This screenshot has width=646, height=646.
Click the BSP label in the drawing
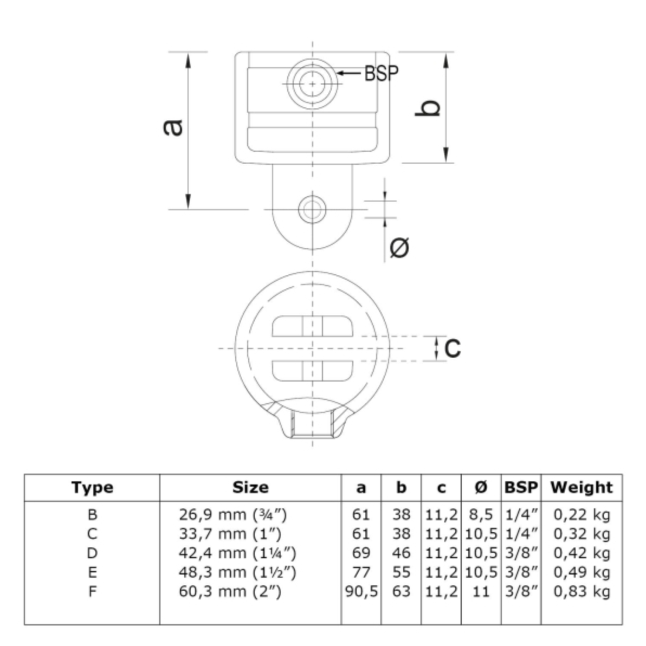[382, 73]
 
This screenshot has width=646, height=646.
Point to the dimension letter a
[173, 127]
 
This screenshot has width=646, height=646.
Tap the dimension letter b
[428, 108]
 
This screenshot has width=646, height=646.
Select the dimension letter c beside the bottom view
[453, 348]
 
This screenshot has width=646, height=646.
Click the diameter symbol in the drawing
[399, 247]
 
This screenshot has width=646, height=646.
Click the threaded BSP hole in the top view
[312, 83]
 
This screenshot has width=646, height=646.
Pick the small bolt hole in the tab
[312, 209]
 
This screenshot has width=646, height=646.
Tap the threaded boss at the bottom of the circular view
[312, 419]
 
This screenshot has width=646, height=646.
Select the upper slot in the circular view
[312, 326]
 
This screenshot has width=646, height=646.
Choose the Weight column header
[582, 487]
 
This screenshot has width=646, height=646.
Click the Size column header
[250, 487]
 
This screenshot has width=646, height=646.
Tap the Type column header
[92, 488]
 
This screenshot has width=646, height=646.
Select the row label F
[92, 591]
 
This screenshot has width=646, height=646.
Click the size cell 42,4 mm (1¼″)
[237, 553]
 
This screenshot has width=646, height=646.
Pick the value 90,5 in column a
[361, 592]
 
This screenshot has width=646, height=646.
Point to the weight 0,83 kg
[582, 592]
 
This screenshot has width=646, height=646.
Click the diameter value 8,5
[481, 514]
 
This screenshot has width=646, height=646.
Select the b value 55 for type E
[401, 572]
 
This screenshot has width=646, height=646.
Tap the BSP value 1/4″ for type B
[521, 514]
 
